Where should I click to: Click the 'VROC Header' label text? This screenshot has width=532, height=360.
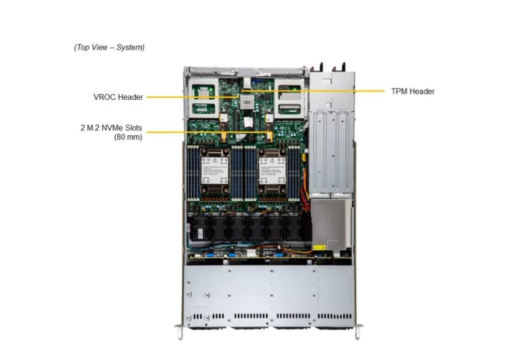118,97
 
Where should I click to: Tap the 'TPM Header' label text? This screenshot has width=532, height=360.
412,91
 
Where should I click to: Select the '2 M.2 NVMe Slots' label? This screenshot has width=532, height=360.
111,128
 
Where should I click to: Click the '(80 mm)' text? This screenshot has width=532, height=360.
128,137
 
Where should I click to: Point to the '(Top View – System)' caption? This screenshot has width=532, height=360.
109,47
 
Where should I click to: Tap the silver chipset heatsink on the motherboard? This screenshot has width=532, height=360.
247,102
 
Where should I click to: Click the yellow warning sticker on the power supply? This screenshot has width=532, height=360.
319,247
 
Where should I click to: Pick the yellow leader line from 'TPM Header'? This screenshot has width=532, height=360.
313,91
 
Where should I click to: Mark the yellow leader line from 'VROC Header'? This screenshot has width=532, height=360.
194,96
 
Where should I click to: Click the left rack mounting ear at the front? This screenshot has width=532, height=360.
180,332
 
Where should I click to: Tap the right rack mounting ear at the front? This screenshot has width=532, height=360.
358,332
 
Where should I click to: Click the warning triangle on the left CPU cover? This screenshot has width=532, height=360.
215,160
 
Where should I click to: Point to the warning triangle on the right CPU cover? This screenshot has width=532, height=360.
273,160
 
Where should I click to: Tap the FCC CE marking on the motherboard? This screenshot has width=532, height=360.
285,128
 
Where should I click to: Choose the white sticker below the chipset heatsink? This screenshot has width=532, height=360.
247,121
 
